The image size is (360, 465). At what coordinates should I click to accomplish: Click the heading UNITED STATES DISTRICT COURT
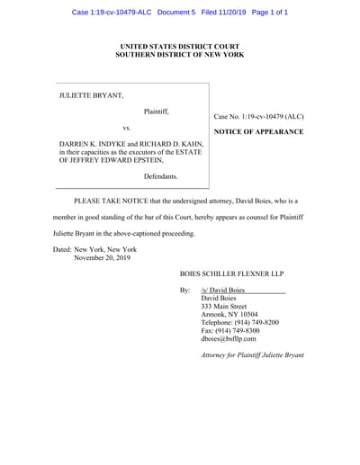pos(179,44)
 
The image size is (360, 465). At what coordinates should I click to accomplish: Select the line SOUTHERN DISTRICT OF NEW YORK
pos(179,54)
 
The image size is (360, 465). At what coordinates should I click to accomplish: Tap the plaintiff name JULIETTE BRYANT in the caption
pos(90,93)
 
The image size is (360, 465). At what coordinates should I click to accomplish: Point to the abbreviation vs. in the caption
pos(126,128)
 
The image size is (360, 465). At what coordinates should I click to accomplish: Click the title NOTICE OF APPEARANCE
pos(258,132)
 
